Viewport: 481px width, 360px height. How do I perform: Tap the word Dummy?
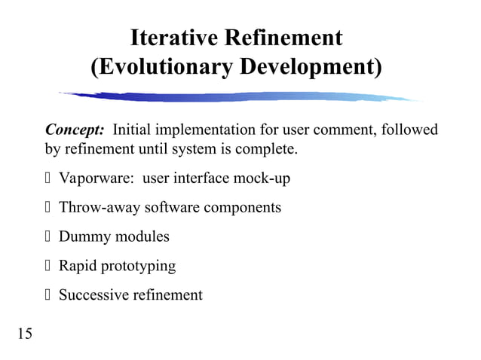pyautogui.click(x=84, y=236)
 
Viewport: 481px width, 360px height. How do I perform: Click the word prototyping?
pyautogui.click(x=140, y=266)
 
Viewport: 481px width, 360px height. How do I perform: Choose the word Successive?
pyautogui.click(x=94, y=294)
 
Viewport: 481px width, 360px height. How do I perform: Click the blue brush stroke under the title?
pyautogui.click(x=241, y=97)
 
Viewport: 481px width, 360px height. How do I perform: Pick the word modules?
pyautogui.click(x=142, y=236)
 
